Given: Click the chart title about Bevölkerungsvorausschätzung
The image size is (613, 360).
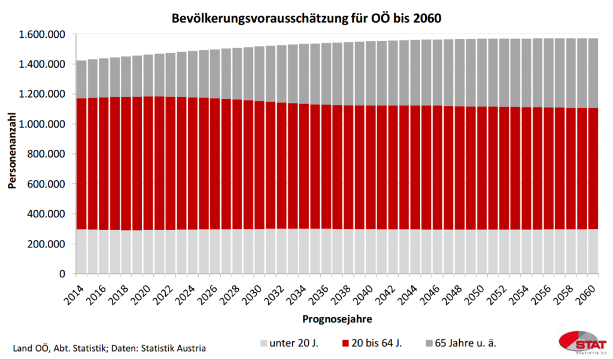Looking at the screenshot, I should (306, 17).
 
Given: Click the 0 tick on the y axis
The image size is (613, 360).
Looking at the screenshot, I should (62, 274).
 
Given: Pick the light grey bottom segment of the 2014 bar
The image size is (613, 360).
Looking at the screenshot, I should (82, 252).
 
